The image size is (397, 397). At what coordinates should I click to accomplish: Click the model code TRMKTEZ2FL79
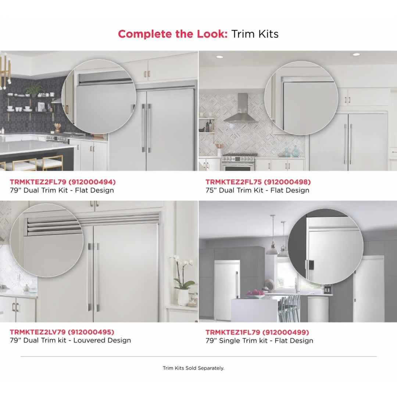(x=38, y=182)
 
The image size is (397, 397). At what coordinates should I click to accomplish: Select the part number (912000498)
(x=287, y=182)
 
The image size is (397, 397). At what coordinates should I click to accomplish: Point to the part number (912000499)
(x=286, y=332)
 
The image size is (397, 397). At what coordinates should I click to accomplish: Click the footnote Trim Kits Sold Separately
(x=193, y=368)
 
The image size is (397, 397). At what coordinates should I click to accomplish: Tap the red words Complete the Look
(x=173, y=34)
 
